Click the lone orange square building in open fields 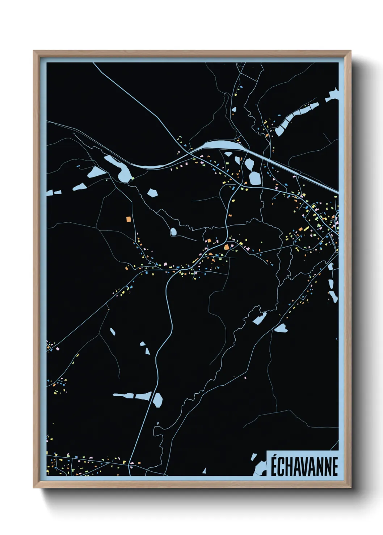coord(128,219)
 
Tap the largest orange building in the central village coord(227,247)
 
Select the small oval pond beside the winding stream coord(174,231)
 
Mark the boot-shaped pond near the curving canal coord(120,167)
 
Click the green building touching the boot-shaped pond coord(132,178)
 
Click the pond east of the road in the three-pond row coord(158,400)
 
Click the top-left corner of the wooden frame coord(34,51)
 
